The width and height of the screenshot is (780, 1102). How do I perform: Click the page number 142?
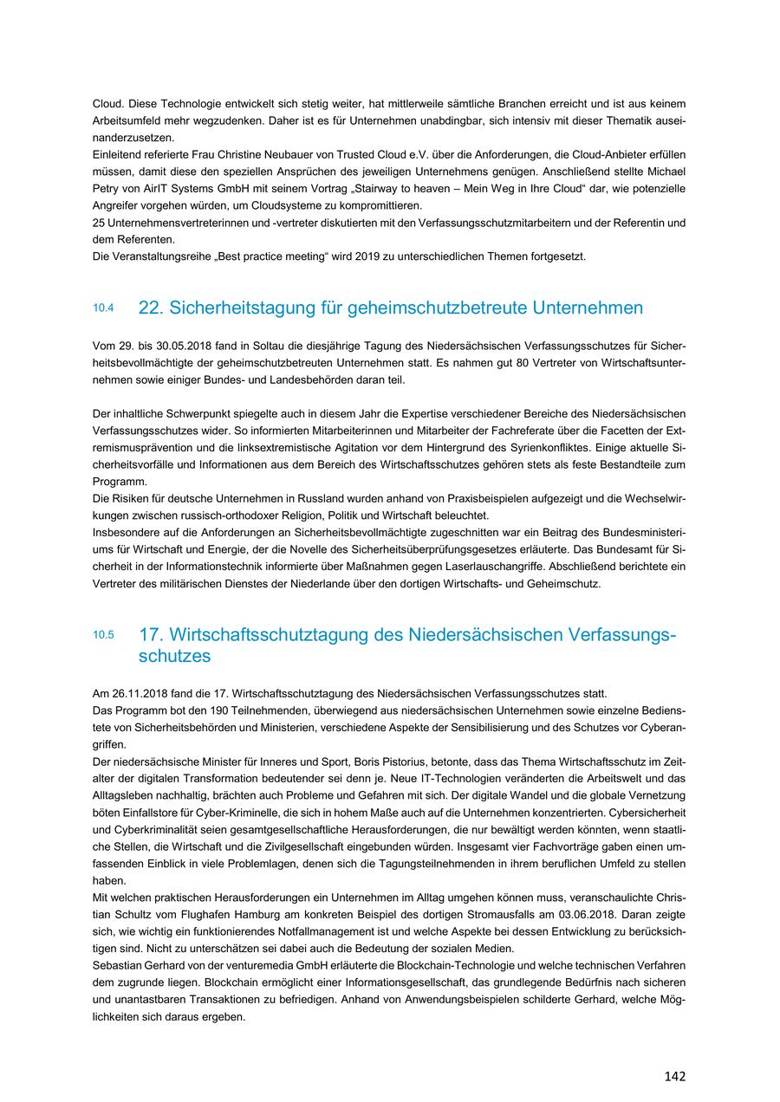click(x=674, y=1076)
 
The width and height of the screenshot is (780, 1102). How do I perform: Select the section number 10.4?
click(x=103, y=308)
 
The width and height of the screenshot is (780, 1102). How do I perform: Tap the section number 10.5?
click(x=103, y=635)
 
